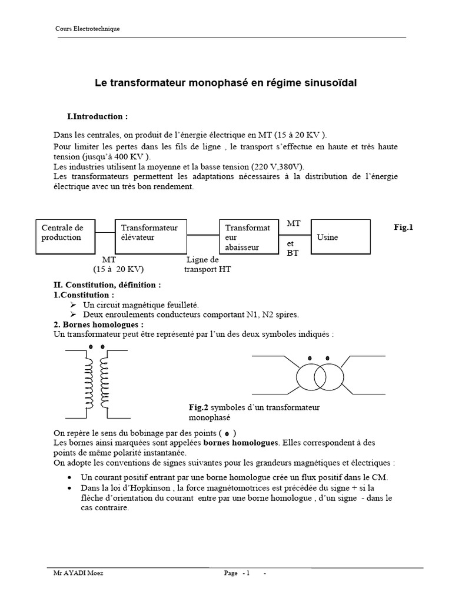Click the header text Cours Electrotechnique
coord(87,29)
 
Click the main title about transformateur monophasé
coord(226,83)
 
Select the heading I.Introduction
coord(98,116)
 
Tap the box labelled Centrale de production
coord(65,236)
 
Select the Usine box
coord(340,236)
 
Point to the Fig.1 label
coord(403,227)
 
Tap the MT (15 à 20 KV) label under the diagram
coord(118,265)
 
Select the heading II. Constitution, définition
coord(107,285)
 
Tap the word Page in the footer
coord(231,573)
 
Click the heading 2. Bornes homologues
coord(98,324)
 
